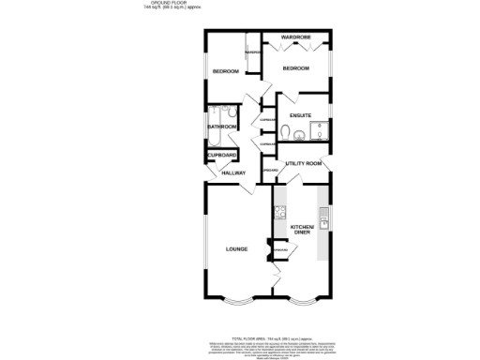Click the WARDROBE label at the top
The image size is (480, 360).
pyautogui.click(x=295, y=37)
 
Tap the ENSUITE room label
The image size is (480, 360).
pyautogui.click(x=300, y=115)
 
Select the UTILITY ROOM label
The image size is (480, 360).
pyautogui.click(x=303, y=163)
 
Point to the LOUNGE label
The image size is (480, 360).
pyautogui.click(x=236, y=248)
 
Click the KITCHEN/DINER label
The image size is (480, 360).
pyautogui.click(x=302, y=230)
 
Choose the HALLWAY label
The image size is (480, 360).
pyautogui.click(x=232, y=173)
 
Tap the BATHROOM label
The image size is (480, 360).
pyautogui.click(x=220, y=126)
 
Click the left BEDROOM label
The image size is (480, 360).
pyautogui.click(x=225, y=71)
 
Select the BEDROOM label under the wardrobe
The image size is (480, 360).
pyautogui.click(x=296, y=68)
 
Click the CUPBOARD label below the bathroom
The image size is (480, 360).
pyautogui.click(x=221, y=155)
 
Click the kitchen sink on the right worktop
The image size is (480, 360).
pyautogui.click(x=322, y=223)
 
